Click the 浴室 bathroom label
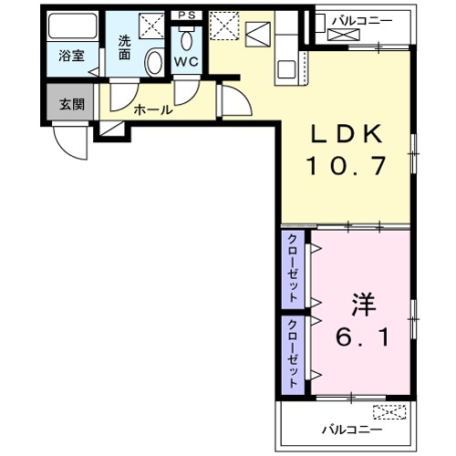(x=72, y=56)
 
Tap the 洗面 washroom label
(x=125, y=47)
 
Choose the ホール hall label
(x=152, y=109)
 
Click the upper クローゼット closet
(x=293, y=269)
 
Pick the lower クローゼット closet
(x=293, y=352)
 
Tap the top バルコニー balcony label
(x=361, y=17)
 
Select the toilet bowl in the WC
(x=186, y=37)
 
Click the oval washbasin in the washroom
(x=155, y=62)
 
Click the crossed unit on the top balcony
(x=337, y=34)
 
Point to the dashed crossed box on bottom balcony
(x=389, y=412)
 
